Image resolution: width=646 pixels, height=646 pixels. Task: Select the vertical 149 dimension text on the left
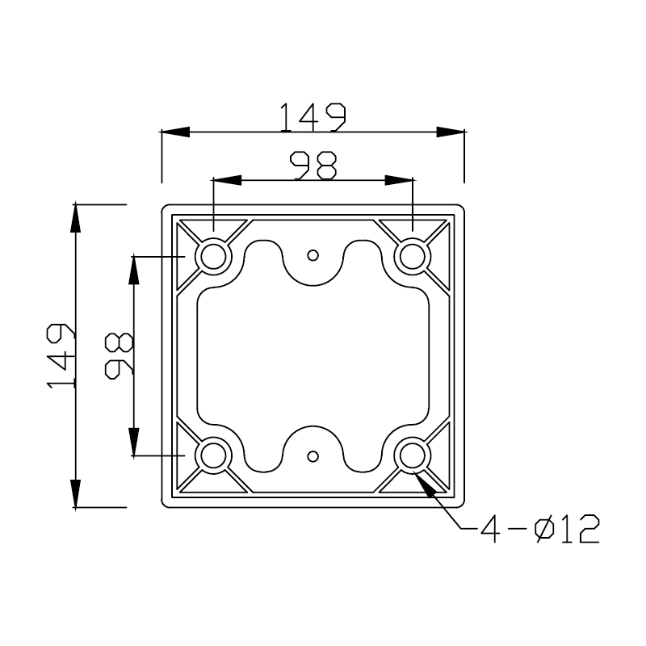pyautogui.click(x=61, y=356)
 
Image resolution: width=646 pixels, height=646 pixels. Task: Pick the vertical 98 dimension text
pyautogui.click(x=119, y=356)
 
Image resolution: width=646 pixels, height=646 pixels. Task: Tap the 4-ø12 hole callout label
pyautogui.click(x=539, y=530)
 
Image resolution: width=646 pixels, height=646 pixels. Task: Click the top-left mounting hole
pyautogui.click(x=214, y=257)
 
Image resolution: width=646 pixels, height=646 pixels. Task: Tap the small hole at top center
pyautogui.click(x=313, y=255)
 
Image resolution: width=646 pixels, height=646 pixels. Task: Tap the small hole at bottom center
pyautogui.click(x=313, y=455)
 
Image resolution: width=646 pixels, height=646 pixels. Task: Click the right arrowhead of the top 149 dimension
pyautogui.click(x=451, y=132)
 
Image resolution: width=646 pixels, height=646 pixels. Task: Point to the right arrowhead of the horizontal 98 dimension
pyautogui.click(x=399, y=180)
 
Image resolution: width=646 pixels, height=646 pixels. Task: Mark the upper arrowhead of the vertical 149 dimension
pyautogui.click(x=76, y=219)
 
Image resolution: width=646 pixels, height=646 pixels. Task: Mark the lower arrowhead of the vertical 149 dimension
pyautogui.click(x=76, y=493)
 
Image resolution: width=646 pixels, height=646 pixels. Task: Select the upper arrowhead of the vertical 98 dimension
pyautogui.click(x=134, y=270)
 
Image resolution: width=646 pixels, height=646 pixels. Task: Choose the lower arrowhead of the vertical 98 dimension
pyautogui.click(x=134, y=443)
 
